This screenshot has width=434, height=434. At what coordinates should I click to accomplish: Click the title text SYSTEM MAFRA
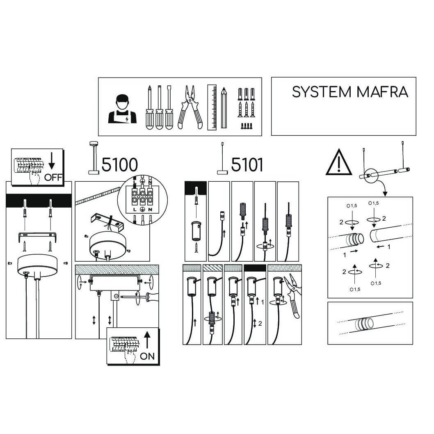pos(350,92)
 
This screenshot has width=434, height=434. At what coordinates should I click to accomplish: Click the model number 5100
pos(119,164)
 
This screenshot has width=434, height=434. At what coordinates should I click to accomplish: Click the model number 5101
pos(247,164)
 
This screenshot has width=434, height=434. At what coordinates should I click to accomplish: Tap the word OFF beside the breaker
pos(53,177)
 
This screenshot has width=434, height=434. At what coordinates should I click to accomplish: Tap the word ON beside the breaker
pos(147,356)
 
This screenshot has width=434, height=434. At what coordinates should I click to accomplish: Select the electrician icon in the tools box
pos(122,109)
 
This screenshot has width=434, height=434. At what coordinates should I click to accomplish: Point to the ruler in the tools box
pos(212,107)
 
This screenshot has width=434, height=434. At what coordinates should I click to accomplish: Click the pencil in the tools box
pos(224,107)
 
